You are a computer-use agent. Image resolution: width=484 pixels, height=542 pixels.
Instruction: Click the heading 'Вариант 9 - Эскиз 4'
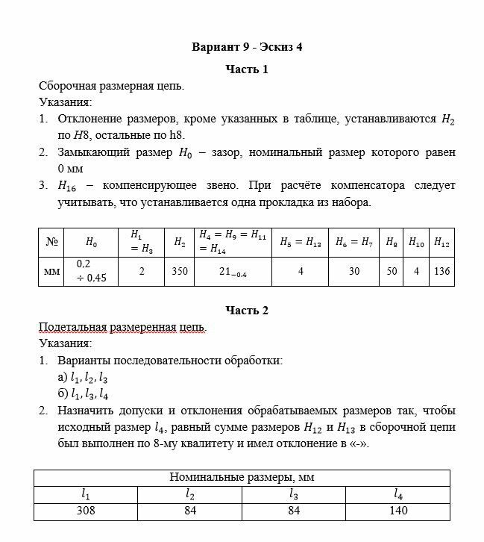pyautogui.click(x=247, y=47)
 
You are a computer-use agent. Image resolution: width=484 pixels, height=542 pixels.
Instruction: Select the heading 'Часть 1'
pyautogui.click(x=247, y=69)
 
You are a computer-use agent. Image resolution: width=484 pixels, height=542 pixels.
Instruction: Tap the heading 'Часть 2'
pyautogui.click(x=247, y=311)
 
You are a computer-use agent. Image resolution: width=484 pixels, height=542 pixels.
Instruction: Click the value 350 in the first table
pyautogui.click(x=179, y=272)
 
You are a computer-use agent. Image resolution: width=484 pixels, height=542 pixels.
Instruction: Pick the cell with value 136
pyautogui.click(x=441, y=272)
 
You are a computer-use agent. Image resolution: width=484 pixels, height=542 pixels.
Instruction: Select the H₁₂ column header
pyautogui.click(x=441, y=242)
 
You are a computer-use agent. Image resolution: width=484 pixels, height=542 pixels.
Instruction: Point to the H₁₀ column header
pyautogui.click(x=416, y=242)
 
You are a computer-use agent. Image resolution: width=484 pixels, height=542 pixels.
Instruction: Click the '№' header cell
pyautogui.click(x=51, y=242)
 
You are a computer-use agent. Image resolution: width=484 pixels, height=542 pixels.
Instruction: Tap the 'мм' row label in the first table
pyautogui.click(x=51, y=272)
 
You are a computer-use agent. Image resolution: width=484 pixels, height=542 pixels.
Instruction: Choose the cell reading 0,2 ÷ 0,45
pyautogui.click(x=91, y=272)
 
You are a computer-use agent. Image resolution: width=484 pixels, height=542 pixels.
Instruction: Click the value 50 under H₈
pyautogui.click(x=392, y=272)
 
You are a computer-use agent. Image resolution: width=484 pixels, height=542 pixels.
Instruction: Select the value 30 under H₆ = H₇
pyautogui.click(x=353, y=272)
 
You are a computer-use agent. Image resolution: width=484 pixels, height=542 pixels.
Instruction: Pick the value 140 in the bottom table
pyautogui.click(x=399, y=511)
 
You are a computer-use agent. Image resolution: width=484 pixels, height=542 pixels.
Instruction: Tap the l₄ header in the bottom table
pyautogui.click(x=399, y=493)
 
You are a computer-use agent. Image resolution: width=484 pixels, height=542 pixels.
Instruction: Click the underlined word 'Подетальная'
pyautogui.click(x=72, y=327)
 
